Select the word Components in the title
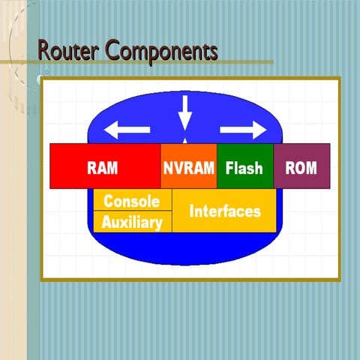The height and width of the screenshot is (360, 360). coord(161,52)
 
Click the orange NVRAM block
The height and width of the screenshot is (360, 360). coord(189,166)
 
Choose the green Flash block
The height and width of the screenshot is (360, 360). coord(244,166)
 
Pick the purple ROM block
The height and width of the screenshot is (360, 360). coord(301,166)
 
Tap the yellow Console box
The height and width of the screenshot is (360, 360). coord(132,200)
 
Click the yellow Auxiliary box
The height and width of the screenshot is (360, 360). coord(132,222)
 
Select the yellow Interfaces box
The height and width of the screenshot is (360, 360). coord(225,211)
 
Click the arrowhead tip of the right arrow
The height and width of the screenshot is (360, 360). coord(266,130)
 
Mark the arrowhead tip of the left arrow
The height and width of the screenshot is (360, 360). coord(105,130)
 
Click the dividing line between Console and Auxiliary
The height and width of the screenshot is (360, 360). coord(132,211)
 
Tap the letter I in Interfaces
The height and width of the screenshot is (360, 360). coord(191,211)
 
